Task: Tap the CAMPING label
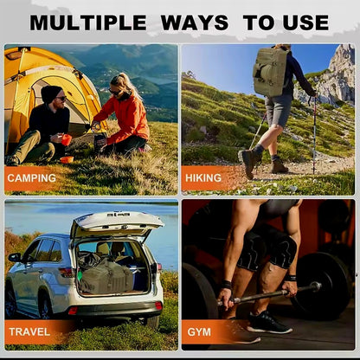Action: click(31, 178)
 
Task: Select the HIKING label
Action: click(204, 178)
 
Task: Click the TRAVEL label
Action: click(29, 331)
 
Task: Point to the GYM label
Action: click(199, 331)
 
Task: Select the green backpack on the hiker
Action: click(272, 71)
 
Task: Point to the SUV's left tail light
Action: click(65, 273)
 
